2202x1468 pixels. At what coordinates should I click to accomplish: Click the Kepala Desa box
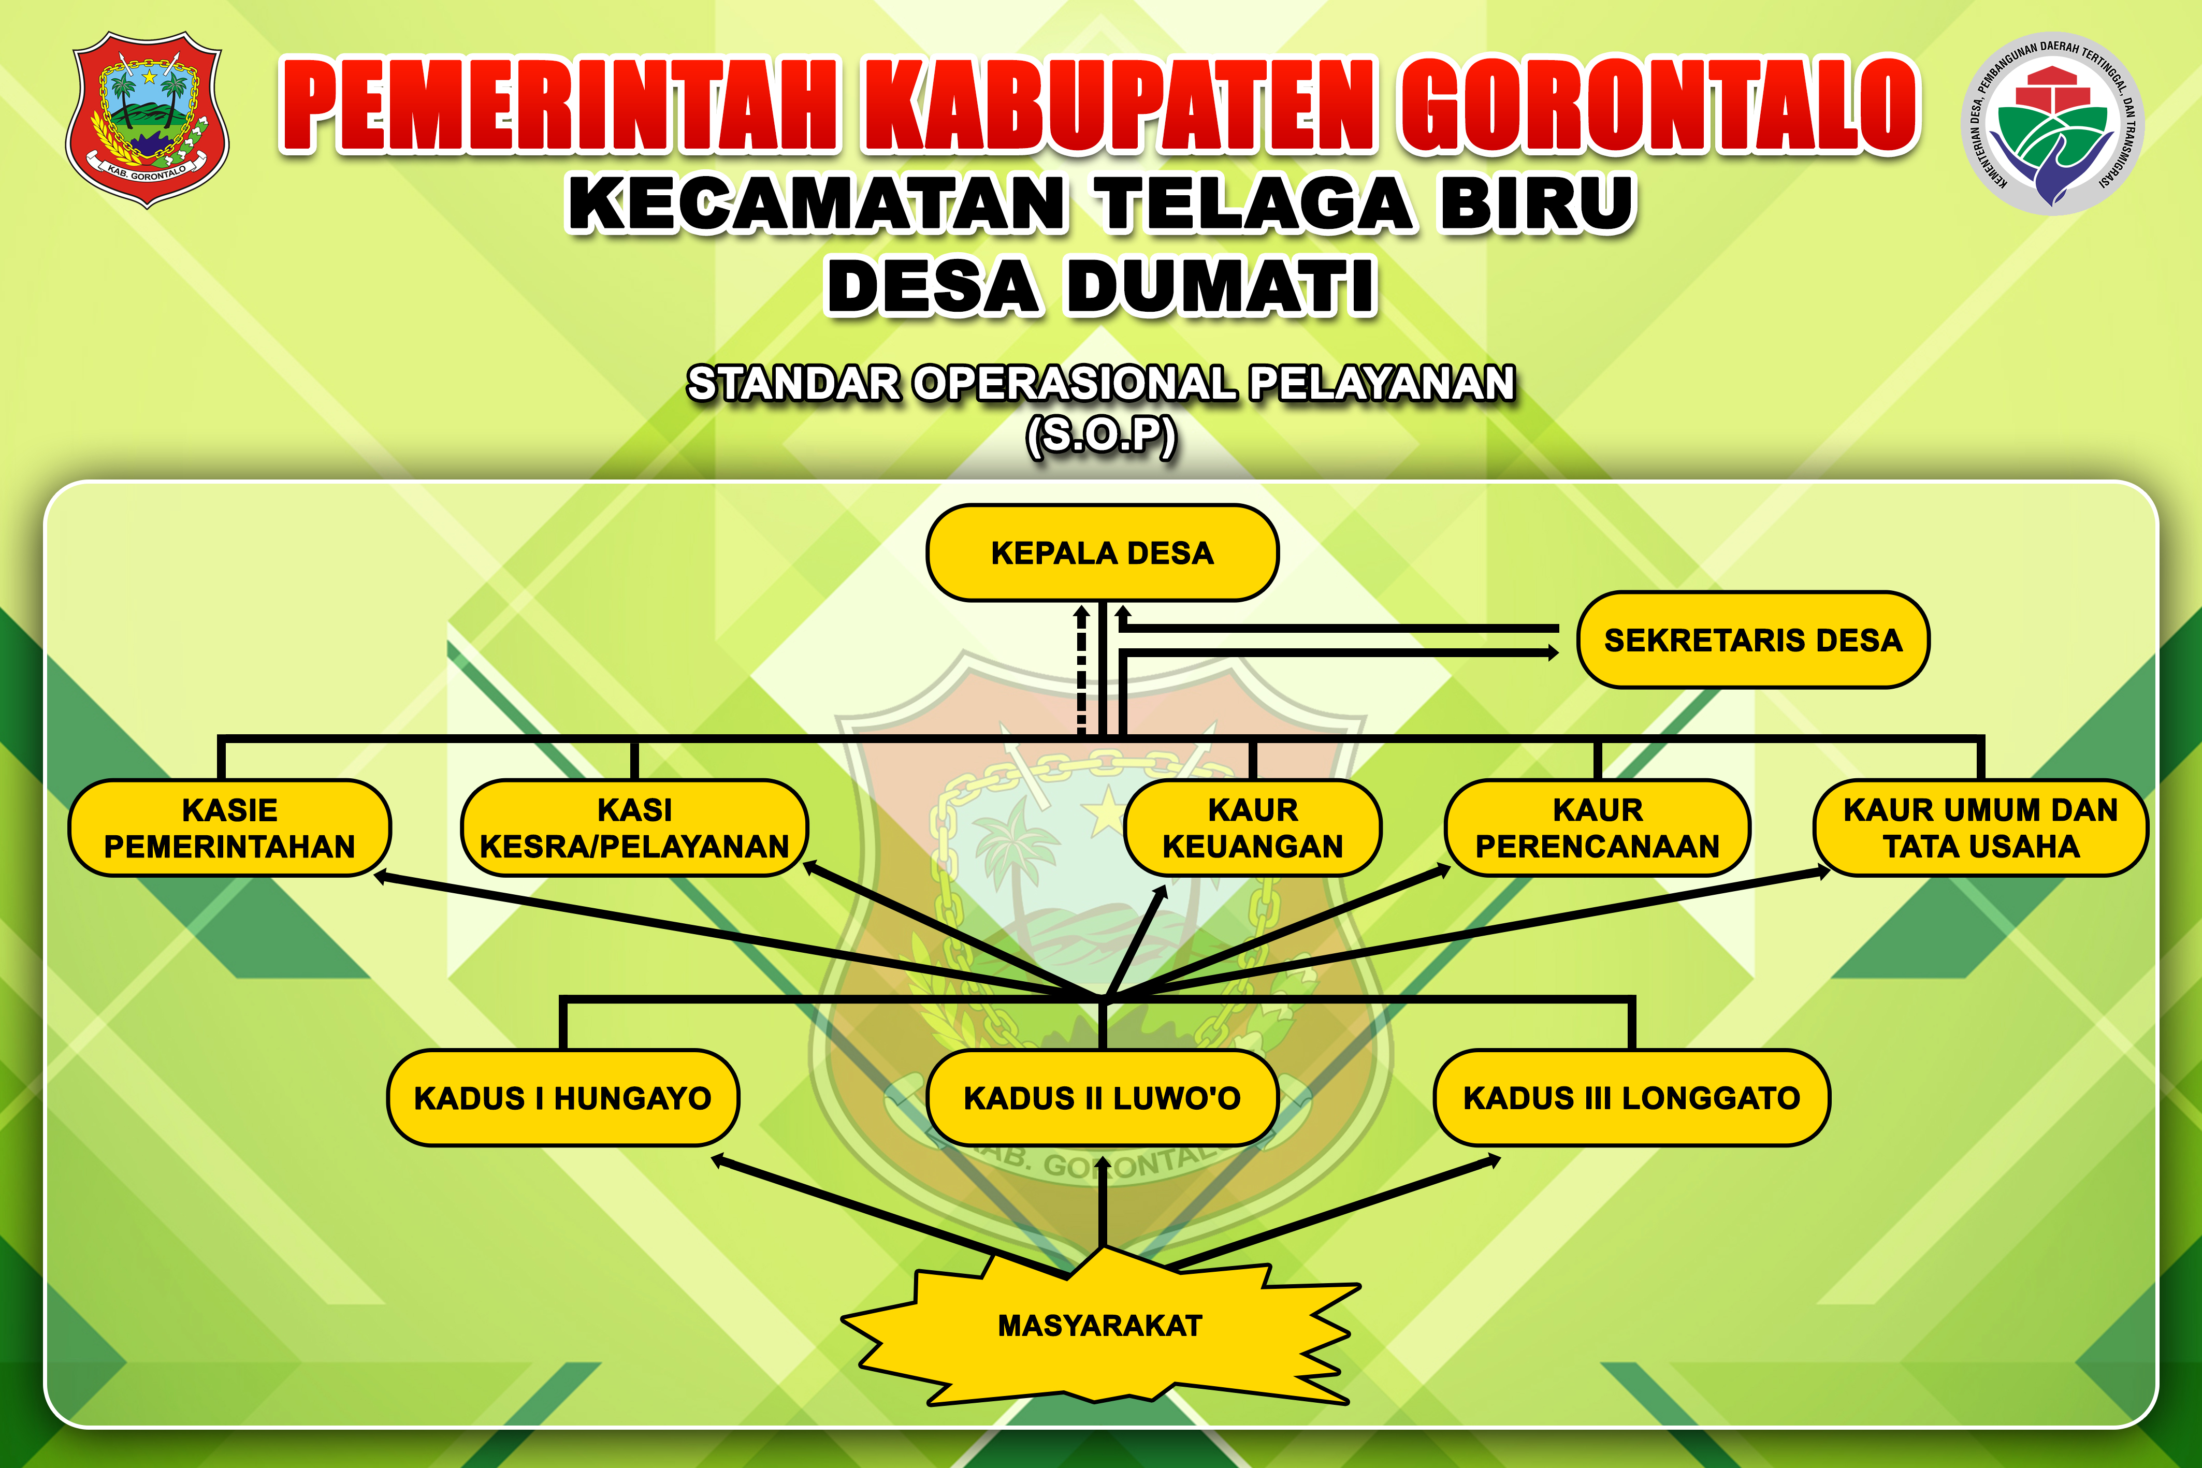(x=1102, y=553)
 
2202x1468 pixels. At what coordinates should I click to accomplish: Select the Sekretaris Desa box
(x=1752, y=639)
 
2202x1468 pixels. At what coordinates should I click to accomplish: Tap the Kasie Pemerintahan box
(x=229, y=827)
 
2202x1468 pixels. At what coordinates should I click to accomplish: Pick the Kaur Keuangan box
(x=1253, y=827)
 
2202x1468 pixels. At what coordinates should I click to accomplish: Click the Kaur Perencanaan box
(x=1597, y=827)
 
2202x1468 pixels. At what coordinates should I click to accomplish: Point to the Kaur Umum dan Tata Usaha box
(x=1980, y=827)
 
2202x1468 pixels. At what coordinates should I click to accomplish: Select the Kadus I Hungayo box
(x=563, y=1097)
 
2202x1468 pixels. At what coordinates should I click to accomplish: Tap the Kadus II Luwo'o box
(x=1102, y=1097)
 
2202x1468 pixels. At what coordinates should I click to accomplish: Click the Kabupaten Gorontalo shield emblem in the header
(x=147, y=119)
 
